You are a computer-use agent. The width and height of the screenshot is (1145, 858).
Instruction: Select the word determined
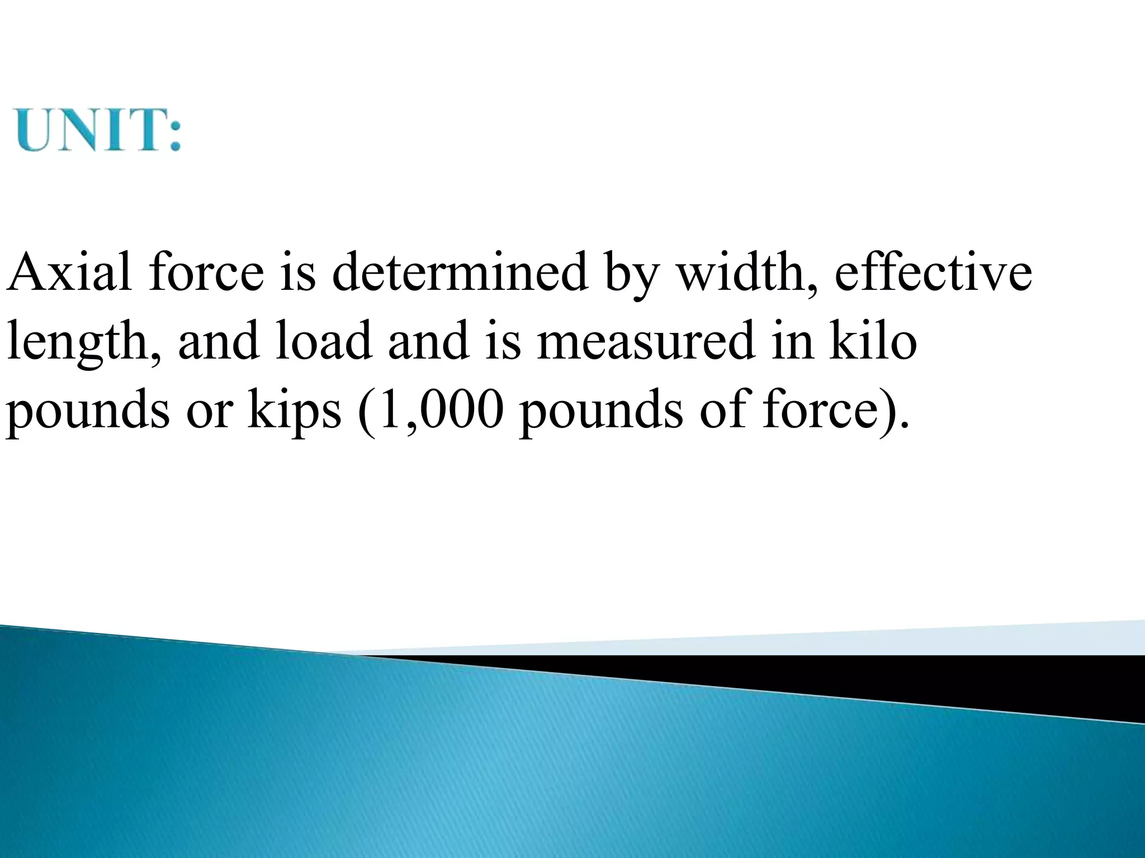pos(460,272)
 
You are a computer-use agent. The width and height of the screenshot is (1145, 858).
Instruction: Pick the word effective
pos(933,272)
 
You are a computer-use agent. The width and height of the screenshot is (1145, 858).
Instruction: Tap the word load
pos(324,341)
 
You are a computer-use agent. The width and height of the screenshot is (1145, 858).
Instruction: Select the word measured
pos(646,341)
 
